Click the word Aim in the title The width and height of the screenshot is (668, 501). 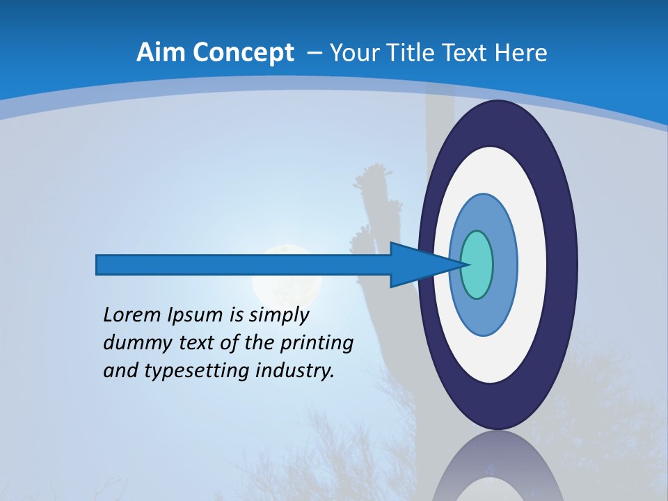tap(161, 53)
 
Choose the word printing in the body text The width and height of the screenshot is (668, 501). tap(317, 344)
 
